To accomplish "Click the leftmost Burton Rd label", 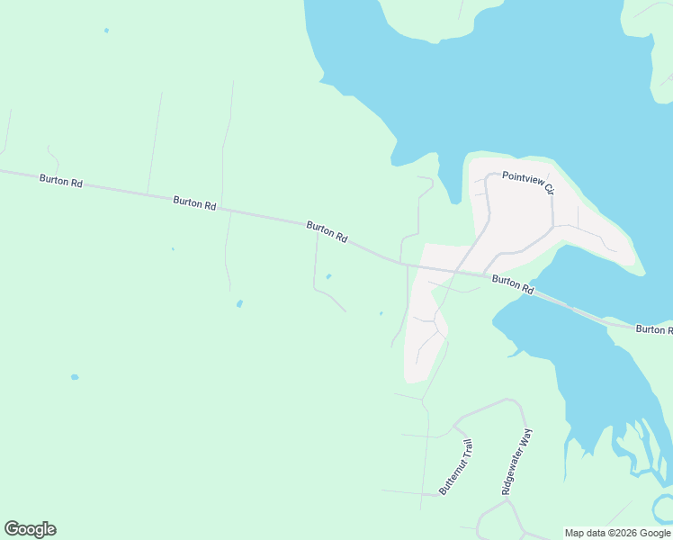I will point(61,181).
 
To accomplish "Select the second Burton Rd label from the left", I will point(195,203).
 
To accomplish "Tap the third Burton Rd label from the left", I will point(327,232).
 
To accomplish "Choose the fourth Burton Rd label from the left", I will point(514,285).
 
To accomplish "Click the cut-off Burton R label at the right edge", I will point(653,329).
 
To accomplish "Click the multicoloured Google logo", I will point(30,529).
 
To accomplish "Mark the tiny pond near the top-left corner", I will point(106,31).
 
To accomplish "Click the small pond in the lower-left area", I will point(75,377).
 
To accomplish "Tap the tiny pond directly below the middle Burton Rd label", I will point(328,276).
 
